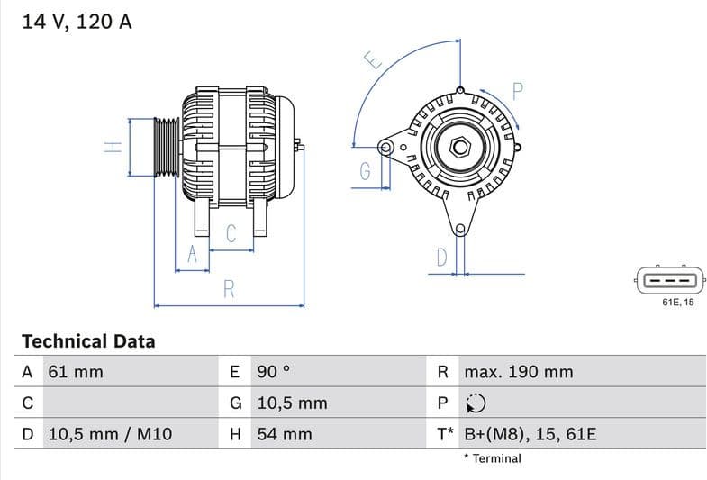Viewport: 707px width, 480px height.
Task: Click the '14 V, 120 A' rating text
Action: point(77,23)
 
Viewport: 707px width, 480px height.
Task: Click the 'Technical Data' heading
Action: point(88,341)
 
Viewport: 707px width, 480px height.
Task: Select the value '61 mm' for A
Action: point(75,372)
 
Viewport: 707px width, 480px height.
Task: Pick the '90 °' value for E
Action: point(274,372)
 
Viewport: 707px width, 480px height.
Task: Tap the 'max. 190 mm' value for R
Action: point(518,372)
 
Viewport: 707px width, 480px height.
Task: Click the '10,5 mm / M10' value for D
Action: point(109,434)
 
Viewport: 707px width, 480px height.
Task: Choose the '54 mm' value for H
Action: point(285,434)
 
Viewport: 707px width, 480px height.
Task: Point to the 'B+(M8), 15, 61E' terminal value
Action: point(530,434)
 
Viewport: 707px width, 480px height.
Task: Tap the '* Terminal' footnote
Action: point(492,458)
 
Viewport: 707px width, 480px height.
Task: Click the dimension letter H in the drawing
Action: point(113,146)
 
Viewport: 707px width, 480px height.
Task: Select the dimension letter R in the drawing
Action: point(230,289)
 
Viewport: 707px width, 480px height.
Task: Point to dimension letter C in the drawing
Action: point(231,234)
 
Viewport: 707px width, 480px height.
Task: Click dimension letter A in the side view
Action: point(191,255)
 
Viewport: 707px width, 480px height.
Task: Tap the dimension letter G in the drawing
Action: point(366,171)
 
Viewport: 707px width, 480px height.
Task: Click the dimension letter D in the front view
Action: point(441,258)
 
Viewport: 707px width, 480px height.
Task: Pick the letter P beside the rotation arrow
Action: point(518,90)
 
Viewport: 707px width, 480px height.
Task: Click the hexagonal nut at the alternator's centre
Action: point(458,146)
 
